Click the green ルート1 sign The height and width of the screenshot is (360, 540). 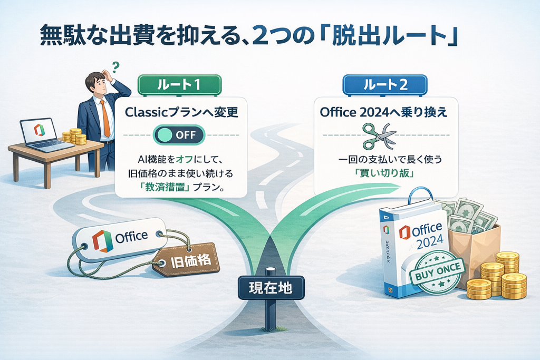click(179, 84)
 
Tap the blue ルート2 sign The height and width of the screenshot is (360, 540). click(385, 84)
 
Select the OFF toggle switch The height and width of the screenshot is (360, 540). click(179, 134)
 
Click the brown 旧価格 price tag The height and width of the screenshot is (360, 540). click(186, 261)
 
